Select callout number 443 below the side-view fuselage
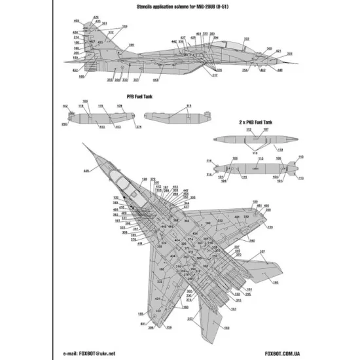click(x=156, y=80)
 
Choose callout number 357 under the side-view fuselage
click(x=135, y=81)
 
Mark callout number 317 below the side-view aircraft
click(x=214, y=76)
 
